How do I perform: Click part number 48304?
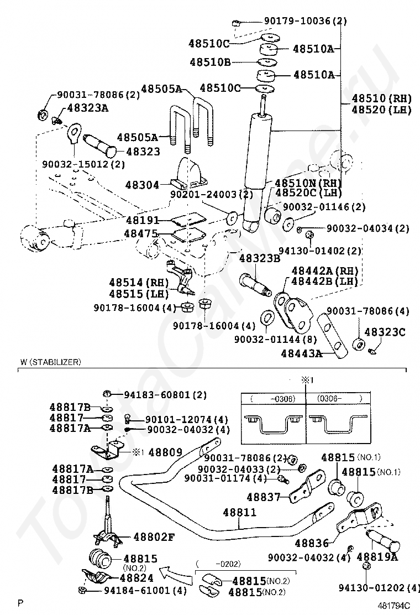coord(142,185)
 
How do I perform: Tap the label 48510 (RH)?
coord(382,98)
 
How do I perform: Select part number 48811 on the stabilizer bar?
coord(239,512)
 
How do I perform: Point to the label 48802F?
coord(154,536)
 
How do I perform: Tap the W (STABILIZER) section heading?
coord(51,362)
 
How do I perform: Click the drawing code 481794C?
coord(393,605)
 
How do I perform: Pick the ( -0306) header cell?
coord(273,399)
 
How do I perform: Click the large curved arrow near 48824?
coord(177,574)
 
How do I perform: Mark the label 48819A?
coord(377,556)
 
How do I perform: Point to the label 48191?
coord(143,220)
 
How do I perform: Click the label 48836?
coord(312,543)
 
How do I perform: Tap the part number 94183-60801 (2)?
coord(165,394)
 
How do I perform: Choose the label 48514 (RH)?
coord(139,283)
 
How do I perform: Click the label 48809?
coord(165,452)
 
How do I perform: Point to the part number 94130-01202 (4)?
coord(379,587)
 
